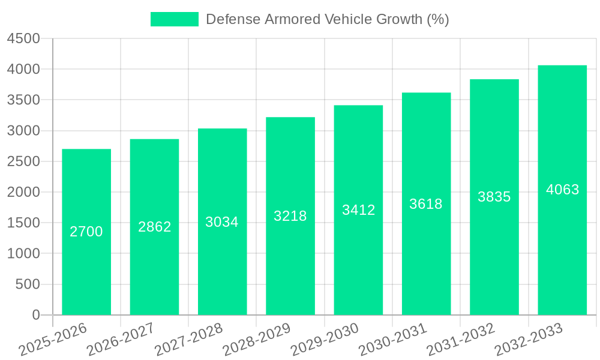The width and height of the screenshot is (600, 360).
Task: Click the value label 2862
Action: click(155, 227)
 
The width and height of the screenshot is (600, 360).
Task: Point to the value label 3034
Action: click(222, 222)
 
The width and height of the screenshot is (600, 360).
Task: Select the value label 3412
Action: click(358, 210)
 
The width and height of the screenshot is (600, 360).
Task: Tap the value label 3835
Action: click(494, 197)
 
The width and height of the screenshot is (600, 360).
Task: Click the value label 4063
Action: click(562, 190)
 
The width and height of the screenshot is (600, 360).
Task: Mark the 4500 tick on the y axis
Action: click(23, 39)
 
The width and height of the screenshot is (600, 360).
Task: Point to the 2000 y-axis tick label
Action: click(23, 193)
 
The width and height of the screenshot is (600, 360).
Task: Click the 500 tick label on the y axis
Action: click(28, 284)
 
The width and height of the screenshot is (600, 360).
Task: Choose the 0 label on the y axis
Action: click(35, 315)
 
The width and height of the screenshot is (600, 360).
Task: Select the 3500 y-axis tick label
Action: click(23, 100)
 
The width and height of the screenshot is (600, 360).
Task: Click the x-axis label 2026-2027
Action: click(120, 340)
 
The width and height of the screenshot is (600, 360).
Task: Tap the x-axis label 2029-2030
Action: click(324, 340)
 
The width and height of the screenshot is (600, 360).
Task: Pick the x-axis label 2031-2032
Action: click(460, 340)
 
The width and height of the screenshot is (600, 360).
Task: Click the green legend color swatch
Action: click(174, 19)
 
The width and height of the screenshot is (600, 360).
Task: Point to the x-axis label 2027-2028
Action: click(188, 340)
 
